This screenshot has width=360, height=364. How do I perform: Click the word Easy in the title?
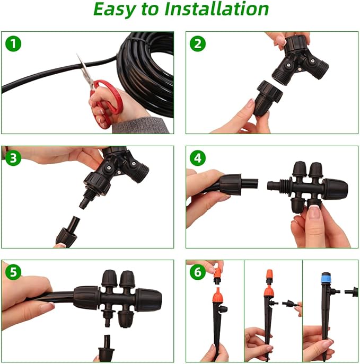click(x=115, y=9)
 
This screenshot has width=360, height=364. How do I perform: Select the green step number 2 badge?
click(x=198, y=43)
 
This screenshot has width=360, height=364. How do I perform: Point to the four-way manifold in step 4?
click(x=310, y=185)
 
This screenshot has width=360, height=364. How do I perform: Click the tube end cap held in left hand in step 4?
click(x=229, y=184)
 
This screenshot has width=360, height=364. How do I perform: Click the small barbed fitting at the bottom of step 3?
click(x=67, y=233)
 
